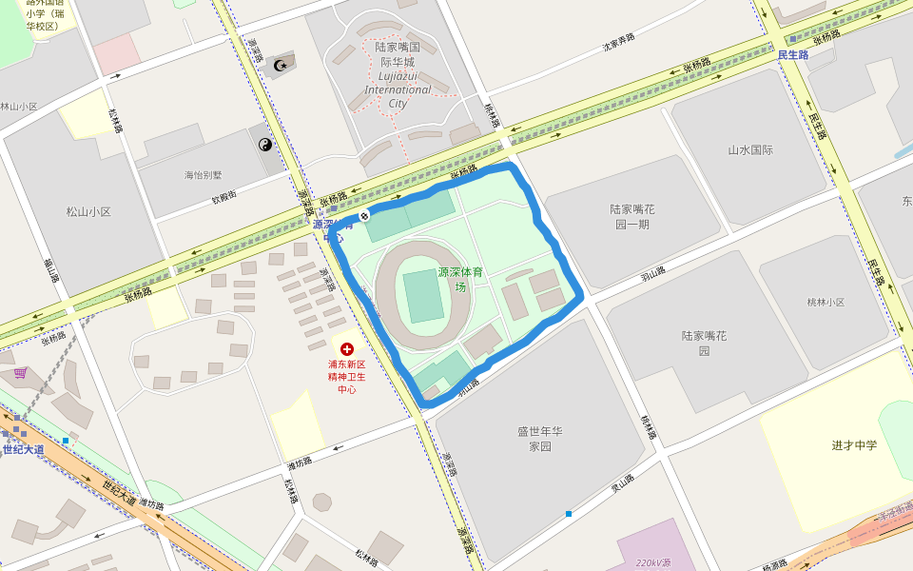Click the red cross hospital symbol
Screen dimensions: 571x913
[347, 349]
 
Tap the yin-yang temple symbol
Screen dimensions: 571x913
[265, 145]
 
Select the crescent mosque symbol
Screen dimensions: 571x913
[280, 65]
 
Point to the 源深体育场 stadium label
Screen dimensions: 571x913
[460, 279]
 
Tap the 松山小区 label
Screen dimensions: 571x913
[88, 211]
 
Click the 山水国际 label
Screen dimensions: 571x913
[750, 150]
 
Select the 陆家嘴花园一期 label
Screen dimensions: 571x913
[631, 216]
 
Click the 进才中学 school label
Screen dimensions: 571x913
[854, 445]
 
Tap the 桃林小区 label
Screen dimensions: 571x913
[826, 302]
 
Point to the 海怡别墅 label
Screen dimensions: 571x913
[203, 175]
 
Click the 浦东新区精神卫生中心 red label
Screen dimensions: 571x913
[347, 376]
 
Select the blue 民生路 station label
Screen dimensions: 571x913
[792, 55]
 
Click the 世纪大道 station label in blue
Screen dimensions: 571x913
[23, 449]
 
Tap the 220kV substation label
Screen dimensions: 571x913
[653, 562]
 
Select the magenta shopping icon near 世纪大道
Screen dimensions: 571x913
[20, 372]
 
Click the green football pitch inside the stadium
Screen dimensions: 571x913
[423, 296]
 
